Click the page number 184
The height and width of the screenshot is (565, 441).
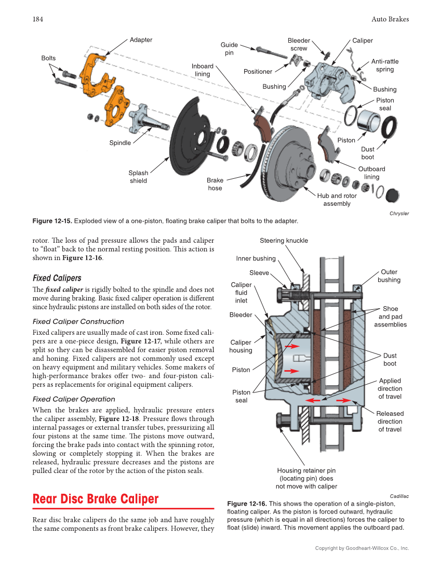pyautogui.click(x=37, y=19)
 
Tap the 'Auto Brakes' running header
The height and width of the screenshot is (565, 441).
pyautogui.click(x=390, y=19)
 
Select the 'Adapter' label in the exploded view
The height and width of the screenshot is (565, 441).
pyautogui.click(x=141, y=40)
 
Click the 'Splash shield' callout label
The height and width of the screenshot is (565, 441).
pyautogui.click(x=138, y=177)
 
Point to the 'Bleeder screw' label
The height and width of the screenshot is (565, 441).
pyautogui.click(x=299, y=44)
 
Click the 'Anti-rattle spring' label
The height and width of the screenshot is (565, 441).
pyautogui.click(x=385, y=65)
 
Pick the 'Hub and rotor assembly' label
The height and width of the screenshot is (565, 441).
pyautogui.click(x=337, y=200)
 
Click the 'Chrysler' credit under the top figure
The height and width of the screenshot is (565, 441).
pyautogui.click(x=399, y=213)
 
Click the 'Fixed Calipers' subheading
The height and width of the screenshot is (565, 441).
pyautogui.click(x=57, y=278)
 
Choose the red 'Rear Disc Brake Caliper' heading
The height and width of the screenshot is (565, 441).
pyautogui.click(x=96, y=499)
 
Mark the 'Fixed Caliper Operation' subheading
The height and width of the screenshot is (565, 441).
pyautogui.click(x=74, y=399)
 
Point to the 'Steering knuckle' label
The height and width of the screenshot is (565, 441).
pyautogui.click(x=284, y=241)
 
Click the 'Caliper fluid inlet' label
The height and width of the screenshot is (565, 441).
pyautogui.click(x=241, y=293)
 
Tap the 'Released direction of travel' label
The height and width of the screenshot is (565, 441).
pyautogui.click(x=390, y=422)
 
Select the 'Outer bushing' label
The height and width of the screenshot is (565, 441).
pyautogui.click(x=389, y=276)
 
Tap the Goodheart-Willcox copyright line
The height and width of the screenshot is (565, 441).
pyautogui.click(x=362, y=548)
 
